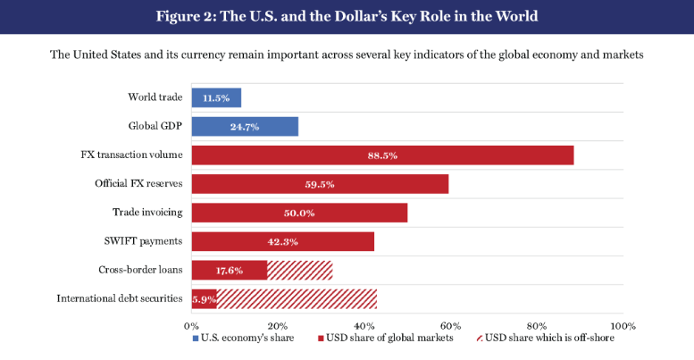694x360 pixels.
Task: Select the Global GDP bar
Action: click(245, 127)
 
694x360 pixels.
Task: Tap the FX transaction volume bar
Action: click(382, 155)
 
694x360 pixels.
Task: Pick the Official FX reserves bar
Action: click(320, 184)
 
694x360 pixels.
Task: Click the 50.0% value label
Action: click(299, 213)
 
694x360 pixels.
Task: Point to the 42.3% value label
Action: click(282, 241)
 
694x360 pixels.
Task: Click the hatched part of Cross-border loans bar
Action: click(299, 270)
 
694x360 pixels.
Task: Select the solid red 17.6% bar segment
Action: click(230, 270)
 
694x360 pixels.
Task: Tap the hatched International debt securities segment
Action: click(297, 298)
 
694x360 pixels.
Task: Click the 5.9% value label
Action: click(205, 299)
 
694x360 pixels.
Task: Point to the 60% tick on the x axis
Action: click(450, 325)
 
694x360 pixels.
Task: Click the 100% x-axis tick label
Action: click(623, 325)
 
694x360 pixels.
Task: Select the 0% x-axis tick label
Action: click(191, 325)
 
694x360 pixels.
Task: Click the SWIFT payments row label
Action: click(144, 241)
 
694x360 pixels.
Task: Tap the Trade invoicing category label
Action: click(147, 213)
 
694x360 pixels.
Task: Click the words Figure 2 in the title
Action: click(189, 16)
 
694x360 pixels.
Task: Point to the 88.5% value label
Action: click(382, 155)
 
